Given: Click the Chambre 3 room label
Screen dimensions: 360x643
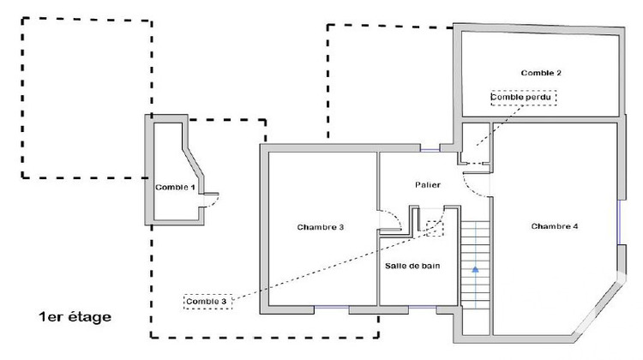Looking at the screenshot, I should pyautogui.click(x=321, y=227).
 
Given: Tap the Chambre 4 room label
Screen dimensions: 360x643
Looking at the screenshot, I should pyautogui.click(x=555, y=226).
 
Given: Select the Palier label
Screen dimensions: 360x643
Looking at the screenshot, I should pyautogui.click(x=428, y=184).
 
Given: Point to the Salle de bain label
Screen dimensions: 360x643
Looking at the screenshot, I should pyautogui.click(x=412, y=266).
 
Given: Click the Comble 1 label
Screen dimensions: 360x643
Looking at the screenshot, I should pyautogui.click(x=175, y=187).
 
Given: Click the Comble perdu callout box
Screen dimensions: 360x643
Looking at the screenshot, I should pyautogui.click(x=523, y=97).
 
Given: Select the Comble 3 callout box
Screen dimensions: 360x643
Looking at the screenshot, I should pyautogui.click(x=207, y=301).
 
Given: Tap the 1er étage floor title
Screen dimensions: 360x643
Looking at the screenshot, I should pyautogui.click(x=75, y=317).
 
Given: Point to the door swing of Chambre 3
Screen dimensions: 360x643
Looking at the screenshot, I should pyautogui.click(x=391, y=221).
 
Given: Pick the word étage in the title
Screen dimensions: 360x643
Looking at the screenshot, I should pyautogui.click(x=90, y=317).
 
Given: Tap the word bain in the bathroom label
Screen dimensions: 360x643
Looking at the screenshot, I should pyautogui.click(x=430, y=266).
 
